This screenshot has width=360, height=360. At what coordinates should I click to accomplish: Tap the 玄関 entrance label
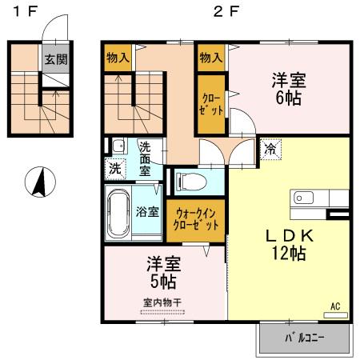55,59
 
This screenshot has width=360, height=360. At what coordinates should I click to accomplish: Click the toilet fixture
190,182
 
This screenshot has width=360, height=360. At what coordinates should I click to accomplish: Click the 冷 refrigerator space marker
271,148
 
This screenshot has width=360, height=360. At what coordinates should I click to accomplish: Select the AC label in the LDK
335,305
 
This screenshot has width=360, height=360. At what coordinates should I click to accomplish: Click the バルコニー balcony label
305,338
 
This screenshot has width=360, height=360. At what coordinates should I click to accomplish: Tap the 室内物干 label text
162,302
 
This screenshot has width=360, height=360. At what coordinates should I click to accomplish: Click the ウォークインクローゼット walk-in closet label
196,220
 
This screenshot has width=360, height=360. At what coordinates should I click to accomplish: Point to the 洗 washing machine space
115,169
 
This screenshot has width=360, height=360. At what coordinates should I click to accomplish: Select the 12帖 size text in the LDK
289,254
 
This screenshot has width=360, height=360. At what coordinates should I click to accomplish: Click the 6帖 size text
289,98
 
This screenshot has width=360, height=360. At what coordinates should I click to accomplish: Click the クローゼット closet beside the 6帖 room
211,103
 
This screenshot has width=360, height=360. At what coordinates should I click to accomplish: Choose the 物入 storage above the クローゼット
210,58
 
